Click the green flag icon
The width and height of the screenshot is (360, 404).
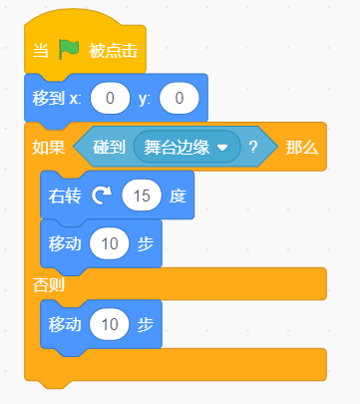pos(69,49)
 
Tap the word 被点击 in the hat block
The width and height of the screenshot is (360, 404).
pos(113,51)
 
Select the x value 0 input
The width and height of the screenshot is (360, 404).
pos(110,98)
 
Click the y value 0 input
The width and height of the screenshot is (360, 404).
pos(180,98)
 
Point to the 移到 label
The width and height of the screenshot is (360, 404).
pos(48,99)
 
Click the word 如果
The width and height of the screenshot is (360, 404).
pos(49,147)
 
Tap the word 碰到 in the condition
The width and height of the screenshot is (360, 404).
pos(109,147)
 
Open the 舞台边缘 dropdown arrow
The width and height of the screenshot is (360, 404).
pos(222,148)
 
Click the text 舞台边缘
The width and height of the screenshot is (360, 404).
pos(177,147)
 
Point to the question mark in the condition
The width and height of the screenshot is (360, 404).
pos(253,147)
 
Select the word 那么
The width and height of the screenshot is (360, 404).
pos(302,147)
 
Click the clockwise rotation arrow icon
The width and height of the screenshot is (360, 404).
pos(102,196)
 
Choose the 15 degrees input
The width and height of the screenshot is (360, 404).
pos(142,196)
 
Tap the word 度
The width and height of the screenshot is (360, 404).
pos(178,196)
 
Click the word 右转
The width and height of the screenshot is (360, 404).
pos(65,196)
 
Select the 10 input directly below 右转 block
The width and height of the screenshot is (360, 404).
pos(110,243)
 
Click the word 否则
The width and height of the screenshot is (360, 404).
pos(49,285)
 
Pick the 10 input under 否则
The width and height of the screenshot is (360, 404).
pos(110,324)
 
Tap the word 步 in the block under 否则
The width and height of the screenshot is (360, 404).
pos(146,324)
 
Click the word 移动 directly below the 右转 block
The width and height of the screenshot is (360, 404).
pos(65,244)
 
